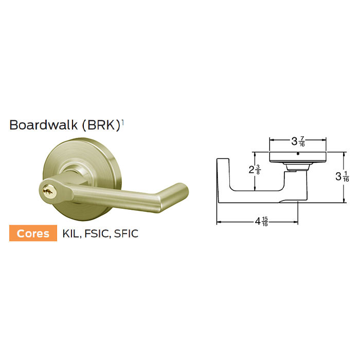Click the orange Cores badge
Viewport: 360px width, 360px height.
pos(33,233)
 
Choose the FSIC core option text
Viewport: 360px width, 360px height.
pos(97,233)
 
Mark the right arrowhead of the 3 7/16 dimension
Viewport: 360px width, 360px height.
pos(325,139)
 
